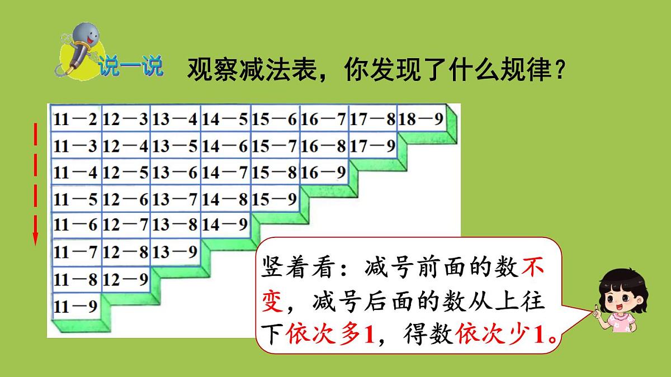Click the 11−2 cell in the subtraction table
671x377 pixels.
(x=76, y=118)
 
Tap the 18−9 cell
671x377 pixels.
(x=422, y=118)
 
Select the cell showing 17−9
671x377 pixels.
(x=372, y=146)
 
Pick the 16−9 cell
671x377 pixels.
(x=323, y=172)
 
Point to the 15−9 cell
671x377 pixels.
(x=275, y=198)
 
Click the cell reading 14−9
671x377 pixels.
(x=225, y=225)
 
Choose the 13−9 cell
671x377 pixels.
(x=176, y=251)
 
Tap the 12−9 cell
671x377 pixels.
(x=126, y=278)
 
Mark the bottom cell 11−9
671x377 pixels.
(x=76, y=305)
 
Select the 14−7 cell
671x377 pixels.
(x=225, y=172)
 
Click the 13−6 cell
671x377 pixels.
(x=176, y=172)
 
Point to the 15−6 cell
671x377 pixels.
(x=275, y=118)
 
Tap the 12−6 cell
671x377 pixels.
(x=126, y=198)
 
